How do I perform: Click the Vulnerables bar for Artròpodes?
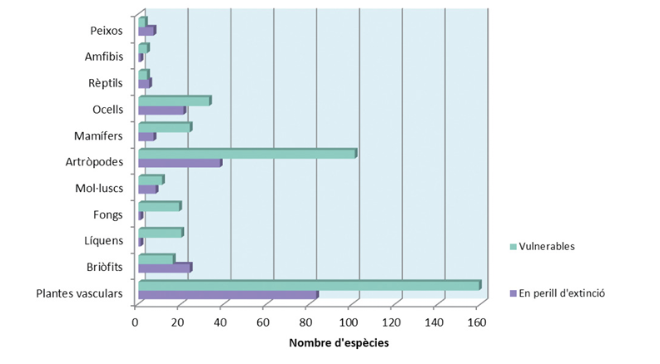tap(246, 154)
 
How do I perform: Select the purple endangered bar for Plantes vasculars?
tap(227, 295)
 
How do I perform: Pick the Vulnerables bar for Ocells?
tap(174, 101)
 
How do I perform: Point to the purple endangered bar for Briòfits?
tap(164, 268)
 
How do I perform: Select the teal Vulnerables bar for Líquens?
tap(160, 233)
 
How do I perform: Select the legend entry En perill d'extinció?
tap(562, 293)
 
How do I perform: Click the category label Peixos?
tap(107, 31)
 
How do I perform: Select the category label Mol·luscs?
tap(99, 189)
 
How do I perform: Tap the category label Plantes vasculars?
tap(80, 293)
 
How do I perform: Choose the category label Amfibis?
tap(104, 57)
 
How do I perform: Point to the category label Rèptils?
tap(106, 84)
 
